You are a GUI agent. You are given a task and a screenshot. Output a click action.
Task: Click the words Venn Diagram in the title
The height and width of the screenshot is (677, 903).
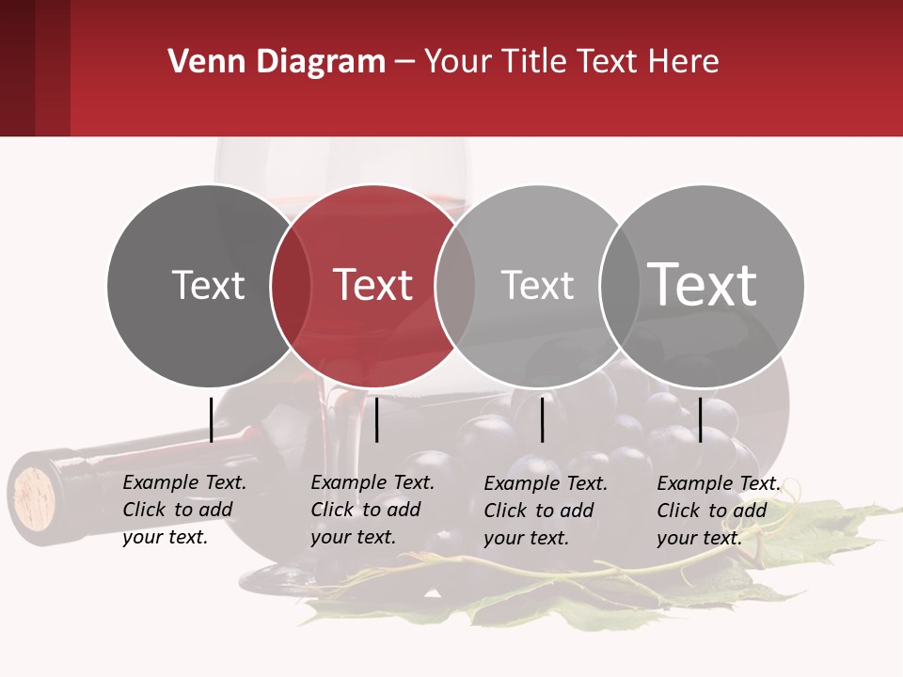tap(277, 62)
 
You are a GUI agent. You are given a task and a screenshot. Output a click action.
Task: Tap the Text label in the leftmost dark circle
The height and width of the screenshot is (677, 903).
tap(208, 285)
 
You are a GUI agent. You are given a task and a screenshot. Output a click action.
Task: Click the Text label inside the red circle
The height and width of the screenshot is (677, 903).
tap(372, 285)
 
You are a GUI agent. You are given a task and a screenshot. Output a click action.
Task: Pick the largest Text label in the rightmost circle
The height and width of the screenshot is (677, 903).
tap(702, 285)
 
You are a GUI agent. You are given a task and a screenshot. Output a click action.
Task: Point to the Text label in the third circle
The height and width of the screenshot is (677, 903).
tap(537, 285)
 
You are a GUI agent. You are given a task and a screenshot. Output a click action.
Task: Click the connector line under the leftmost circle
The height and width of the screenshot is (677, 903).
tap(211, 419)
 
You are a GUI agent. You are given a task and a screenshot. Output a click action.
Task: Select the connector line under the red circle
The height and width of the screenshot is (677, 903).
tap(376, 419)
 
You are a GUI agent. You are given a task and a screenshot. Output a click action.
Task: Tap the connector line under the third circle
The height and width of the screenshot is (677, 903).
tap(543, 419)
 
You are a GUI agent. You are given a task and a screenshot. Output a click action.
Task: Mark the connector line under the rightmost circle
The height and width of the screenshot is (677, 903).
tap(701, 419)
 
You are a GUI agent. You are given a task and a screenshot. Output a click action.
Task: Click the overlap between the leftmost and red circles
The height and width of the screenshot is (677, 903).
tap(291, 285)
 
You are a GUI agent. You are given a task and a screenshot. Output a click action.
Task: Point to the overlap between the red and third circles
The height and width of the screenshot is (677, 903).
tap(455, 285)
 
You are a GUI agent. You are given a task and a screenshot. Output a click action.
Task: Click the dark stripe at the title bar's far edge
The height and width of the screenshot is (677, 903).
tap(17, 68)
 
